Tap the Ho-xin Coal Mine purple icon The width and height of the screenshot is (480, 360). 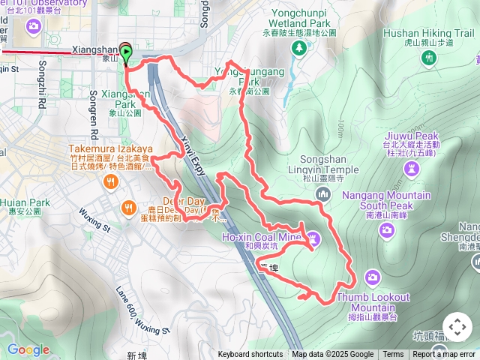(x=314, y=239)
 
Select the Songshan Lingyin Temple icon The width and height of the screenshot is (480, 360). (x=324, y=194)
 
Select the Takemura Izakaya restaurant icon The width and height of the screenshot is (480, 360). (x=111, y=181)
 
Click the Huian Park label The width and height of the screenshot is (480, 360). (x=25, y=202)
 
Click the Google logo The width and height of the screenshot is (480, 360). (x=28, y=349)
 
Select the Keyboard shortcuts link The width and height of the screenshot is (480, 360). (x=250, y=355)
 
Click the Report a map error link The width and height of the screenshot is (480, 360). (x=444, y=355)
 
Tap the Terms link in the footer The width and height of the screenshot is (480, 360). (x=393, y=355)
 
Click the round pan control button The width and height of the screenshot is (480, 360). (x=457, y=327)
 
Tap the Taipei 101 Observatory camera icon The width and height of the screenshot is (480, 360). (x=33, y=28)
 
